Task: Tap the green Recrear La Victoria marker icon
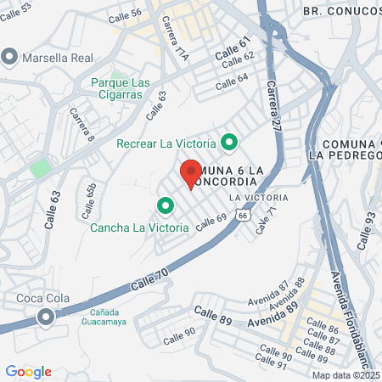tap(228, 142)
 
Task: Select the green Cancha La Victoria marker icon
tap(165, 205)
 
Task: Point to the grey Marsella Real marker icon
tap(10, 57)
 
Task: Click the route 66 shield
tap(243, 217)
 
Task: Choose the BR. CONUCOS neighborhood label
tap(340, 11)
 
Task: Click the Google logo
tap(28, 372)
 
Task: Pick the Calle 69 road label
tap(211, 223)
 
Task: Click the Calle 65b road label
tap(90, 194)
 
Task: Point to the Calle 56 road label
tap(126, 14)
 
